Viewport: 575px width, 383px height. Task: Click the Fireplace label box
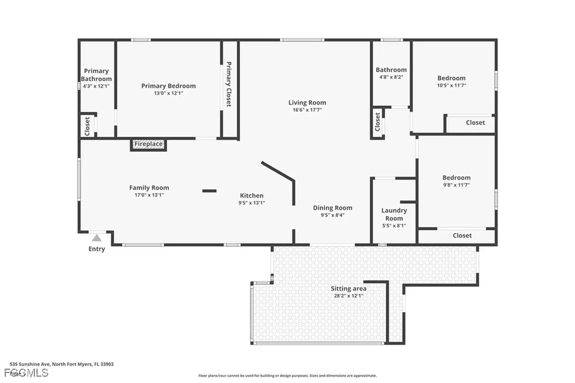pos(149,144)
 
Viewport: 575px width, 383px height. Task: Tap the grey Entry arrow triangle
pos(97,238)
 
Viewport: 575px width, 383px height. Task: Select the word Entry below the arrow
pos(97,249)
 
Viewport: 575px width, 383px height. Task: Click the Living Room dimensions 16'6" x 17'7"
pos(307,110)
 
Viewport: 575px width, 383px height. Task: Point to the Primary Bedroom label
pos(168,86)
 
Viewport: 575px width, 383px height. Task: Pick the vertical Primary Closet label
pos(229,84)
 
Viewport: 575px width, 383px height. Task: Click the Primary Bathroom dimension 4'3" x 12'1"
pos(97,86)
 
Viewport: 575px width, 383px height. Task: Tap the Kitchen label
pos(252,195)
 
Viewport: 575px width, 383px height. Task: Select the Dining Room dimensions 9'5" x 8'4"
pos(332,215)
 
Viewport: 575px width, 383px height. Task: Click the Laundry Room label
pos(394,215)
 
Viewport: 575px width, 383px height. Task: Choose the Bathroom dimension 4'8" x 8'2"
pos(391,77)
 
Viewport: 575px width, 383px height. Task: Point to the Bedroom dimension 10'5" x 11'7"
pos(451,85)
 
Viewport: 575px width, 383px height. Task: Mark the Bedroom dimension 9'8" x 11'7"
pos(456,185)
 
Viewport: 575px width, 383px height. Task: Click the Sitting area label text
pos(348,289)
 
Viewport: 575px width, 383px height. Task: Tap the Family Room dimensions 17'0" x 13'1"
pos(149,195)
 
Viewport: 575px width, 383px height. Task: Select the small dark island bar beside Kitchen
pos(209,191)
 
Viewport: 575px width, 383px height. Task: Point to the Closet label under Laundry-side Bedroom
pos(462,236)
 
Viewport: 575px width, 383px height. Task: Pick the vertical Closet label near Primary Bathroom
pos(88,126)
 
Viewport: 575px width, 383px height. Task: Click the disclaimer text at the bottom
pos(287,376)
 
